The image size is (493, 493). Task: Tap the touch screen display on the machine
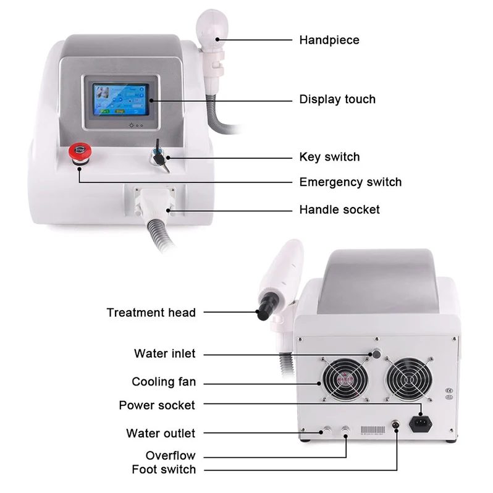pos(120,100)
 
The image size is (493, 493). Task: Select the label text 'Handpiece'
pos(329,40)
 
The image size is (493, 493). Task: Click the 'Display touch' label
pos(337,99)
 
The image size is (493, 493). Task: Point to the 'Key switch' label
pos(329,157)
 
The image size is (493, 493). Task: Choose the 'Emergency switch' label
pos(350,182)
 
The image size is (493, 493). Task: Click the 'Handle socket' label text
pos(339,210)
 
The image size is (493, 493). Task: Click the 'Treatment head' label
pos(151,313)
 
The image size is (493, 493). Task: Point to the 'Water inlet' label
pos(164,354)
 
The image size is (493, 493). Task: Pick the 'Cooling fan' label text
pos(163,382)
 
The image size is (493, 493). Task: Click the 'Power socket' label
pos(156,406)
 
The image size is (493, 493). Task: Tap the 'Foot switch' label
pos(163,470)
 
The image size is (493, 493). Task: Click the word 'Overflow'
pos(170,456)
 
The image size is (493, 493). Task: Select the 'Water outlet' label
pos(160,434)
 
